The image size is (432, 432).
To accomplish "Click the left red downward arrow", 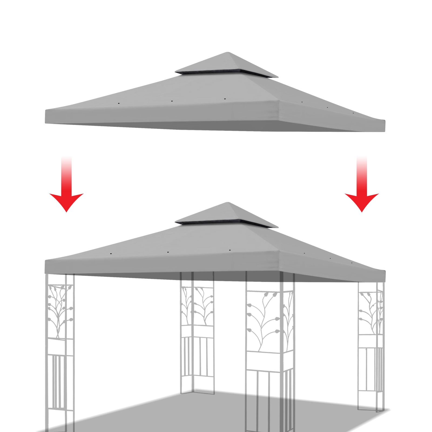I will [x=66, y=189].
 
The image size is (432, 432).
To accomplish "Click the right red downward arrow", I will [x=362, y=189].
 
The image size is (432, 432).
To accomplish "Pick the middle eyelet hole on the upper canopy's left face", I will [x=172, y=102].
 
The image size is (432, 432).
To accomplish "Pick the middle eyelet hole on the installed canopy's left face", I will [x=168, y=252].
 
